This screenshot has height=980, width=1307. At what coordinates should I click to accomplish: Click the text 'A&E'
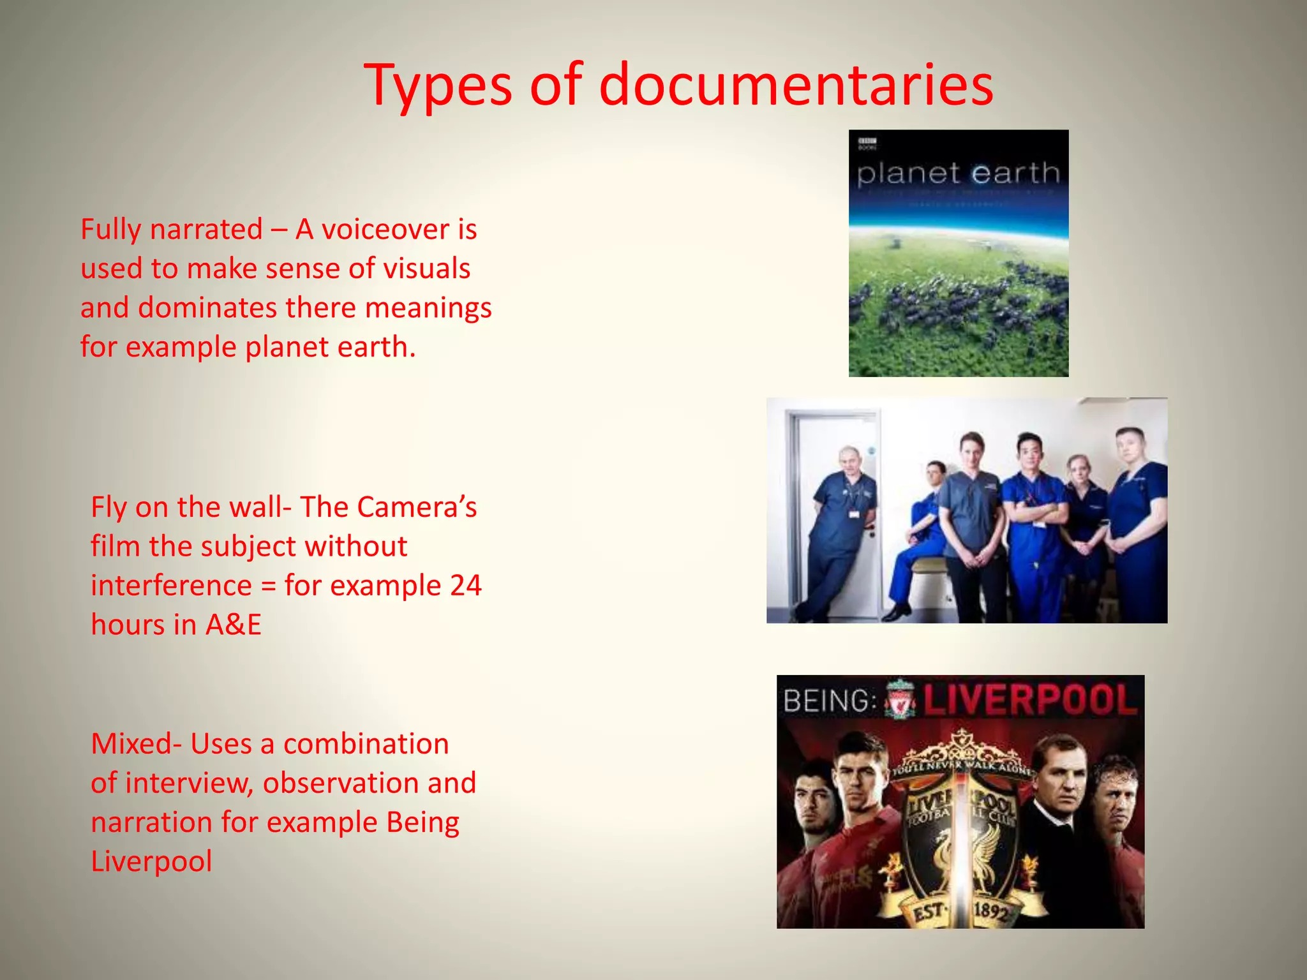(234, 625)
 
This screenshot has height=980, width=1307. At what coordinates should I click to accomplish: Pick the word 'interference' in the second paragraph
(171, 586)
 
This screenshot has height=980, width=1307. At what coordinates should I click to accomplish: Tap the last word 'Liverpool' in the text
(151, 861)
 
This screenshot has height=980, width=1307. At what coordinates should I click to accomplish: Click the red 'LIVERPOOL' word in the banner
(1029, 700)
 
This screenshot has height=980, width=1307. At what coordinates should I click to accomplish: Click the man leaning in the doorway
(837, 523)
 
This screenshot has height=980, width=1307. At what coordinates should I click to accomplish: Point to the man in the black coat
(1059, 829)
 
